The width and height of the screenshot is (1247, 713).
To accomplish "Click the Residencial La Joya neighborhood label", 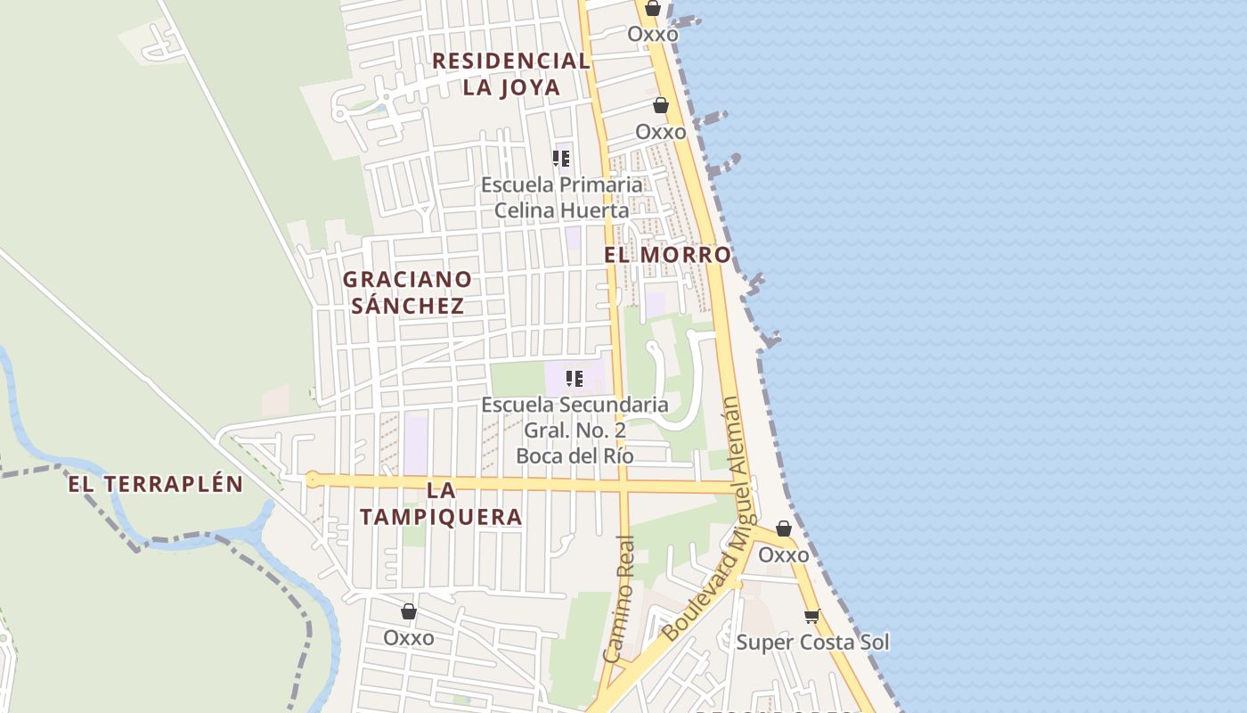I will point(511,74).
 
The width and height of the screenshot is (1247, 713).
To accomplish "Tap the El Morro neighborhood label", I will point(667,255).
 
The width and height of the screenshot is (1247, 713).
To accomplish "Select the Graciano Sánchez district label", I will point(408,292).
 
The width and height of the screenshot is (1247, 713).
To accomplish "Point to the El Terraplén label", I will point(156,484).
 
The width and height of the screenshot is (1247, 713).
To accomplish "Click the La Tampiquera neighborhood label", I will point(441,504).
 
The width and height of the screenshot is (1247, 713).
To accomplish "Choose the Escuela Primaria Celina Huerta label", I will point(561,197).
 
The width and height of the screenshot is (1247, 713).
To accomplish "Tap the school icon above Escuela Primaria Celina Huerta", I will point(561,159).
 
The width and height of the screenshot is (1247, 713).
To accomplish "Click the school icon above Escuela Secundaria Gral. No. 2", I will point(575,379).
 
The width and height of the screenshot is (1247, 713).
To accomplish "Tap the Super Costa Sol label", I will point(812,643).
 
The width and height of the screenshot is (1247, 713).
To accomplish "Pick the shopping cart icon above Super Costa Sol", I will point(811,616).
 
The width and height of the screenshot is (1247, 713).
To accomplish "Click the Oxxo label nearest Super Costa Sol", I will point(784,555).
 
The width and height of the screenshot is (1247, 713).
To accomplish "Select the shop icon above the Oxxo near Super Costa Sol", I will point(784,529).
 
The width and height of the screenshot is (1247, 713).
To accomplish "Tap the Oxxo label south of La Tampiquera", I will point(409,638).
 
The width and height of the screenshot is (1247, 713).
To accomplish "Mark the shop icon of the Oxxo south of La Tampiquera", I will point(409,611).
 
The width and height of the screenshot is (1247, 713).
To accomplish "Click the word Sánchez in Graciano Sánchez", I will point(408,306).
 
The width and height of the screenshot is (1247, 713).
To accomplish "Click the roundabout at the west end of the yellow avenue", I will point(312,479).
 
